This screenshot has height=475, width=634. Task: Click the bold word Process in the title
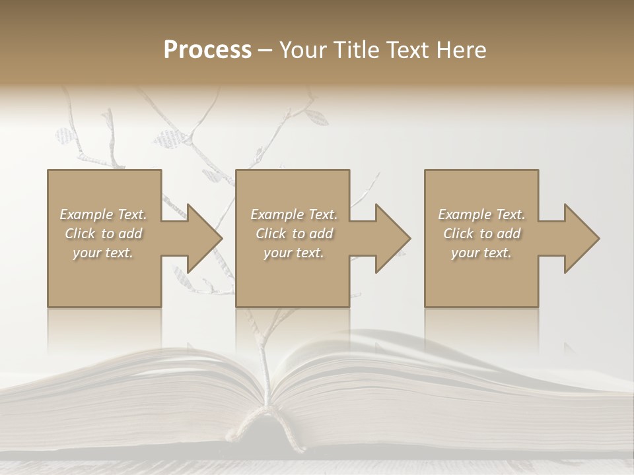(x=207, y=50)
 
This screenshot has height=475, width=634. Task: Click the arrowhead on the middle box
(x=392, y=238)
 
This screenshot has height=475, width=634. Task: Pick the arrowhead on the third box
(x=581, y=238)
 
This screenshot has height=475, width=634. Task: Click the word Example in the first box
(x=87, y=214)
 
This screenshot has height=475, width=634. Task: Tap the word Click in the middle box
(x=270, y=234)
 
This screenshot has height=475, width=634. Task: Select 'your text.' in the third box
(x=481, y=253)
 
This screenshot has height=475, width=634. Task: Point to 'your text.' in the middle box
(x=293, y=253)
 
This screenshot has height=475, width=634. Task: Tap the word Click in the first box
(x=79, y=234)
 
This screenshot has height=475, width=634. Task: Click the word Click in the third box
(x=458, y=234)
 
